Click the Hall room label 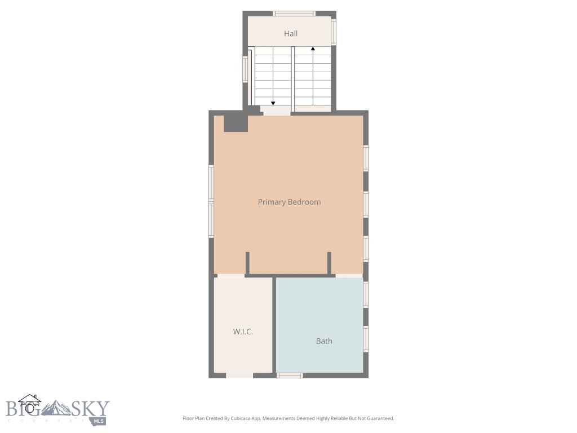291,34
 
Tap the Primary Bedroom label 289,202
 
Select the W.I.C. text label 243,332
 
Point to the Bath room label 324,341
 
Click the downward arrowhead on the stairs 273,103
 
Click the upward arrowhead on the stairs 313,49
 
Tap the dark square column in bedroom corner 236,123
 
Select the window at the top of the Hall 294,14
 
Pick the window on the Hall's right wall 334,32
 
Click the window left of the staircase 245,69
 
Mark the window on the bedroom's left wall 211,201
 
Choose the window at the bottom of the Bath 290,375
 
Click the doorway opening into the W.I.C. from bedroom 230,275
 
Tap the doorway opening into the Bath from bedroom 349,275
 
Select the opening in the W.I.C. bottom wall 239,375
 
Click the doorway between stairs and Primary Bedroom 276,113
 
